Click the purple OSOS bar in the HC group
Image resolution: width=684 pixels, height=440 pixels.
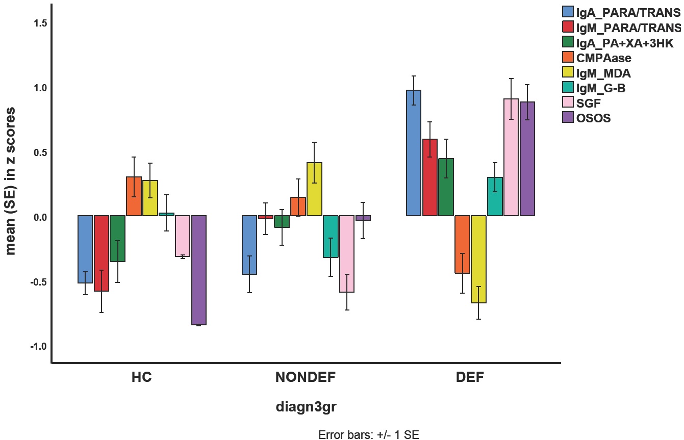pos(199,270)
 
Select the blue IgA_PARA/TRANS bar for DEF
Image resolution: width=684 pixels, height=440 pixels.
pos(413,153)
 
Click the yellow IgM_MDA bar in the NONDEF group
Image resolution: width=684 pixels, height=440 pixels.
pos(314,189)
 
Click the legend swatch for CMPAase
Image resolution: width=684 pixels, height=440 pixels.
pos(568,58)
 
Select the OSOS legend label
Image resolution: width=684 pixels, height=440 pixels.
pos(593,118)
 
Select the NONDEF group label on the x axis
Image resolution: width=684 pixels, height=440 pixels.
pos(306,378)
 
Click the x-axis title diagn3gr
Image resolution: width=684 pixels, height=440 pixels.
pos(306,407)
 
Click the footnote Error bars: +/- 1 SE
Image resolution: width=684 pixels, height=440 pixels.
pos(368,434)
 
